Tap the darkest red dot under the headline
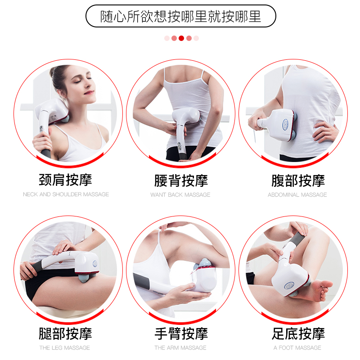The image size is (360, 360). pos(181,38)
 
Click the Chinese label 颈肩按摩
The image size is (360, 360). pos(66,180)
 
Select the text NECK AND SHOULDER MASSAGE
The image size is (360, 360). pos(66,194)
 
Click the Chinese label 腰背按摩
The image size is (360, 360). pos(180,180)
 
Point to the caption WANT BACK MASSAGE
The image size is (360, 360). pos(180,194)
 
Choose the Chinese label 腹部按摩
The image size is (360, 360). pos(297,180)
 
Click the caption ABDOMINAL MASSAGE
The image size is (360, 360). pos(297,194)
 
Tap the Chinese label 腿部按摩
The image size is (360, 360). pos(66,333)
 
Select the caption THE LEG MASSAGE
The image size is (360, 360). pos(64,347)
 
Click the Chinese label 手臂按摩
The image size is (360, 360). pos(180,333)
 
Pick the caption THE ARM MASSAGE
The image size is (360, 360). pos(180,347)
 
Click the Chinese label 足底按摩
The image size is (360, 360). pos(297,333)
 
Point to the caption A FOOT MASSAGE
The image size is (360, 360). pos(297,347)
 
